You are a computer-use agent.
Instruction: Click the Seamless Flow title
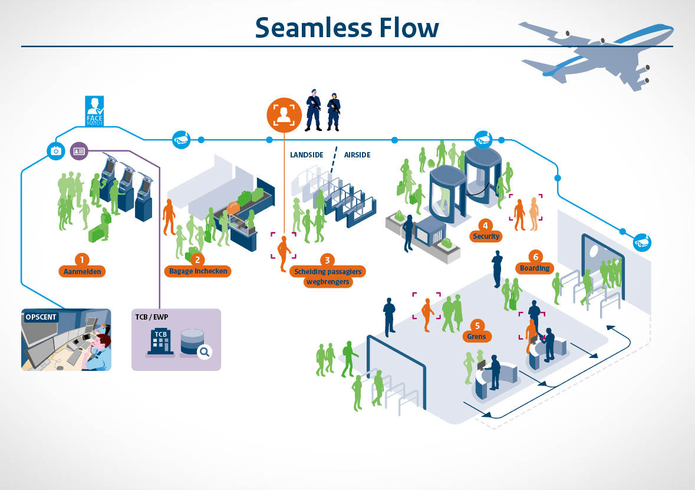click(x=347, y=27)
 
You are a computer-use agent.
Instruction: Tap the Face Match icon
click(x=94, y=110)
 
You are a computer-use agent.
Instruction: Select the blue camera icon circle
click(x=56, y=151)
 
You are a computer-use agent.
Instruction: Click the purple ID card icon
click(x=78, y=151)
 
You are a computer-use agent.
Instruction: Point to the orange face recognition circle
click(x=284, y=114)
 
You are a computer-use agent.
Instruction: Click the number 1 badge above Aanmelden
click(x=82, y=259)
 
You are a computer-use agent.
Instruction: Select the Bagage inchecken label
click(x=197, y=271)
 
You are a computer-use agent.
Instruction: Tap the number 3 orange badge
click(x=326, y=259)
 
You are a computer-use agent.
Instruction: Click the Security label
click(x=486, y=236)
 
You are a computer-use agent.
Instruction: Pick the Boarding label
click(x=535, y=268)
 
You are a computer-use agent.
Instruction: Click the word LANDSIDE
click(x=307, y=155)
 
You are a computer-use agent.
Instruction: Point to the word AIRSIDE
click(x=357, y=155)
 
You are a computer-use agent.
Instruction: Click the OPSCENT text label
click(x=41, y=317)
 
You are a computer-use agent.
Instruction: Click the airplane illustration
click(x=595, y=53)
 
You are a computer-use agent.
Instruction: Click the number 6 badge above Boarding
click(x=535, y=256)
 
